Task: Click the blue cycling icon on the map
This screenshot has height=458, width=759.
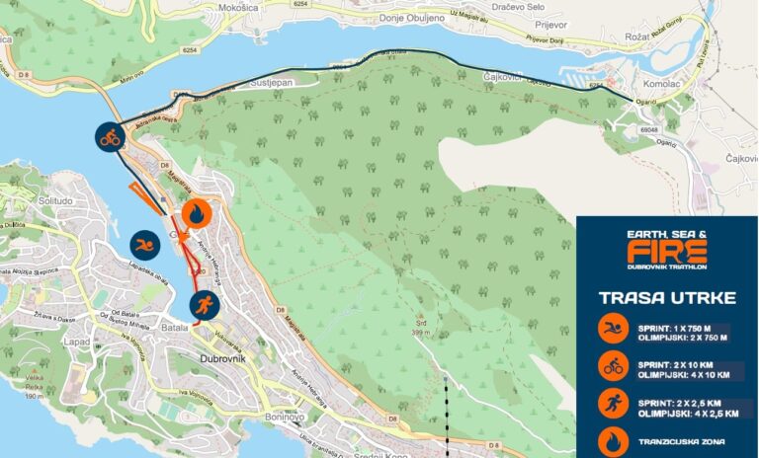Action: pyautogui.click(x=109, y=137)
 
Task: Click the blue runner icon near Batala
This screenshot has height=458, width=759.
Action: pyautogui.click(x=205, y=303)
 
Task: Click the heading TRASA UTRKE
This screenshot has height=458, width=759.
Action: pyautogui.click(x=666, y=296)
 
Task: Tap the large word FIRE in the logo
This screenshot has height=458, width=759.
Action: pyautogui.click(x=667, y=251)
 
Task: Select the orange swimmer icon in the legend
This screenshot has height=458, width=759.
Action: pyautogui.click(x=613, y=328)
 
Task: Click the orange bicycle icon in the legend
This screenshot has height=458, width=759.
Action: pyautogui.click(x=613, y=365)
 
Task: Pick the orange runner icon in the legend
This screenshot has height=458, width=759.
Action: pyautogui.click(x=613, y=404)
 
